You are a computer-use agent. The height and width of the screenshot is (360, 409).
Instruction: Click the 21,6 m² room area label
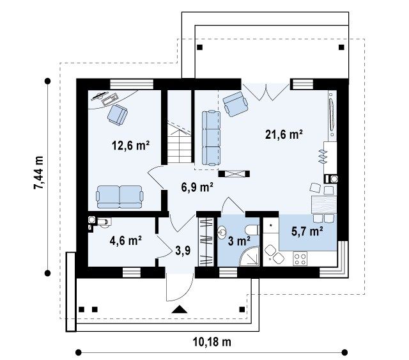pos(284,135)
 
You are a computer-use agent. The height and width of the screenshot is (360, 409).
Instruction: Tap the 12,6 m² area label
pos(130,145)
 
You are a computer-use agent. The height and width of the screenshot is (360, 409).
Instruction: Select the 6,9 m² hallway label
pos(197,187)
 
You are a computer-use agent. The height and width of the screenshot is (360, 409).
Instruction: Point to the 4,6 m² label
pos(126,240)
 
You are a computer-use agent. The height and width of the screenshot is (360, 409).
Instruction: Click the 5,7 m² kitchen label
pos(307,231)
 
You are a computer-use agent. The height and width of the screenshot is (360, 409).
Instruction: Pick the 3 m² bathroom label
pos(239,241)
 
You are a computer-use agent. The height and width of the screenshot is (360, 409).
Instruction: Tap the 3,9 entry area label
pos(183,251)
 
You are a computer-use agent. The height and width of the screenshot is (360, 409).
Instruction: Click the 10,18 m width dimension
pos(212,341)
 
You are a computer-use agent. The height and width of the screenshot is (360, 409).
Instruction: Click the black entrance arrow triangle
pos(180,309)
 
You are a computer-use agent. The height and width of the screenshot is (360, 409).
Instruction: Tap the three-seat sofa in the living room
pos(211,138)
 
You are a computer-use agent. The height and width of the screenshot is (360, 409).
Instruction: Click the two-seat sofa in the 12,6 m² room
pos(120,197)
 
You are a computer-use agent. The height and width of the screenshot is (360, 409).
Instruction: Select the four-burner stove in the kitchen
pos(300,259)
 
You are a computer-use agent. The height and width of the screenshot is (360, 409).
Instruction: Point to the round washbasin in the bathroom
pos(222,232)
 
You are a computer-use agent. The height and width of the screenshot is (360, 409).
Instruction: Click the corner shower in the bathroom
pos(249,256)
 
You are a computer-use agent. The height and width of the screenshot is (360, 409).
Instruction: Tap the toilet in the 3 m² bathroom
pos(252,230)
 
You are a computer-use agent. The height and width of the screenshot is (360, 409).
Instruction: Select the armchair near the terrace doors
pos(235,104)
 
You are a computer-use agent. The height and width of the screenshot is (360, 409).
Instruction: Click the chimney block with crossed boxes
pos(234,174)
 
